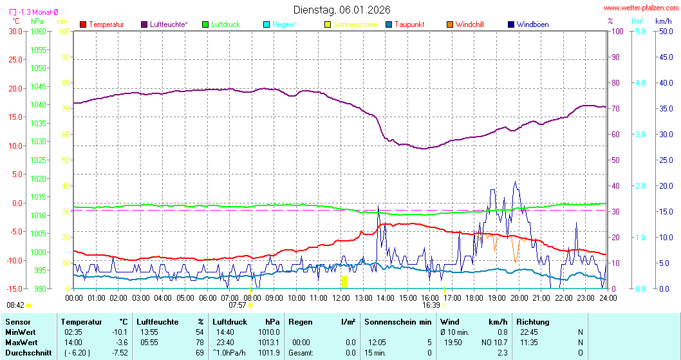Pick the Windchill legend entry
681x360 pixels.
coord(469,24)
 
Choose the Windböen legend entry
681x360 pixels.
coord(532,24)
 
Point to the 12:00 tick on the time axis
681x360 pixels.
coord(341,298)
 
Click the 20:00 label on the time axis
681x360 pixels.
coord(519,298)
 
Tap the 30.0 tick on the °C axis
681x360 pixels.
coord(14,31)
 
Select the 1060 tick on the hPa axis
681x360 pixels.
coord(38,31)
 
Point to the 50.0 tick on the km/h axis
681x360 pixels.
coord(664,31)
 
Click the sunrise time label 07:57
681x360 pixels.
coord(237,305)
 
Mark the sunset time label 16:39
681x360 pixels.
coord(431,305)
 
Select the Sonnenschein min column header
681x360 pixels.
coord(396,321)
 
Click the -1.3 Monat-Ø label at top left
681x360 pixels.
coord(38,12)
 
